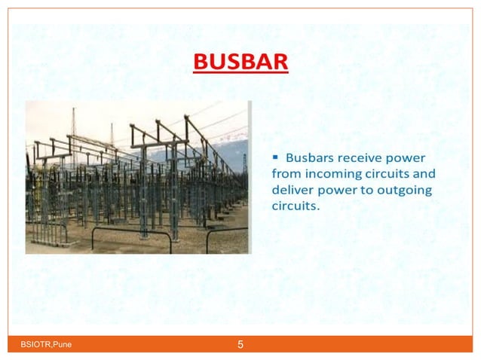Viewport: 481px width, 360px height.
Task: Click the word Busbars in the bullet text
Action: pos(309,158)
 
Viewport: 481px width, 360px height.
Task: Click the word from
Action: pos(284,174)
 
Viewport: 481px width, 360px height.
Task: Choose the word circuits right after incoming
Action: pos(388,174)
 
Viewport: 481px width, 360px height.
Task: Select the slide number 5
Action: pos(240,346)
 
